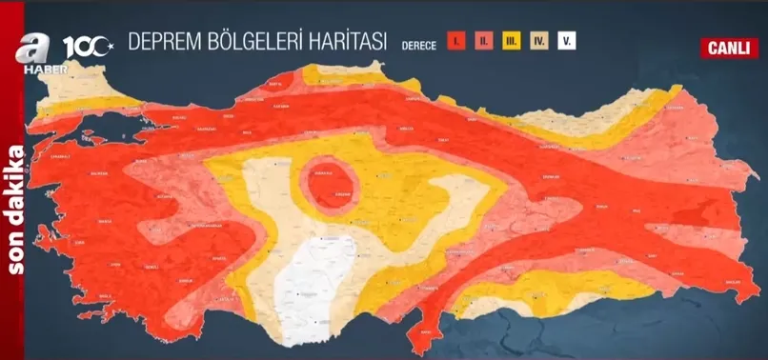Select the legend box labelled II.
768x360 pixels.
click(483, 43)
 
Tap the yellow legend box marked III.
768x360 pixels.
click(511, 43)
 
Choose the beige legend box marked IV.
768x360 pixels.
click(538, 43)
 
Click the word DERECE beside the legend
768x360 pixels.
click(420, 44)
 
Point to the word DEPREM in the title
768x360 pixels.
click(162, 42)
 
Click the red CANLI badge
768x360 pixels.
click(727, 48)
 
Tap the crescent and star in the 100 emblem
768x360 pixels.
click(108, 43)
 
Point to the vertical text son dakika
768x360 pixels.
click(17, 210)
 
